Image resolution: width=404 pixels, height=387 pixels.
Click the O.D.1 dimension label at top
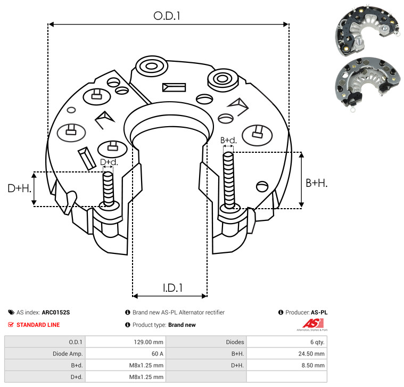point(167,16)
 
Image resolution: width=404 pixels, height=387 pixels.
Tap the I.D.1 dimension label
point(172,288)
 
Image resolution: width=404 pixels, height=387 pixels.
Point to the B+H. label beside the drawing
point(316,183)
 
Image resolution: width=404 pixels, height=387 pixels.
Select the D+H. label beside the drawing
point(19,188)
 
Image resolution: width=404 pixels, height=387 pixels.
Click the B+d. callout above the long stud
point(228,140)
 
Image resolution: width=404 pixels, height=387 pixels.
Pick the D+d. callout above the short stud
point(109,162)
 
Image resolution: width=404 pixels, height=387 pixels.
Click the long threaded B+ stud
point(228,180)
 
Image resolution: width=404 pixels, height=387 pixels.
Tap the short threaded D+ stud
point(108,189)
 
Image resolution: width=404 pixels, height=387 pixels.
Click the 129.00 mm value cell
point(149,342)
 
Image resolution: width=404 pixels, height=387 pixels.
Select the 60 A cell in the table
point(158,353)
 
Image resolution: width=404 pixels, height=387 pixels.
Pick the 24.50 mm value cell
point(311,353)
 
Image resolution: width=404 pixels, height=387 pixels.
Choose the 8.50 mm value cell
point(313,365)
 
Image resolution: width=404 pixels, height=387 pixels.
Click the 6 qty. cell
point(317,342)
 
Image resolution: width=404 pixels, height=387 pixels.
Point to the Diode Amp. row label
point(68,353)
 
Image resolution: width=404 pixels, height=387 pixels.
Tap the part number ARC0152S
point(56,312)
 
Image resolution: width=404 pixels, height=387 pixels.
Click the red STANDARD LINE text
point(38,325)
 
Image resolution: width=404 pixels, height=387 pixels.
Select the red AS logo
point(313,324)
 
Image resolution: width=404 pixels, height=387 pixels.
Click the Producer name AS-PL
point(319,312)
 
